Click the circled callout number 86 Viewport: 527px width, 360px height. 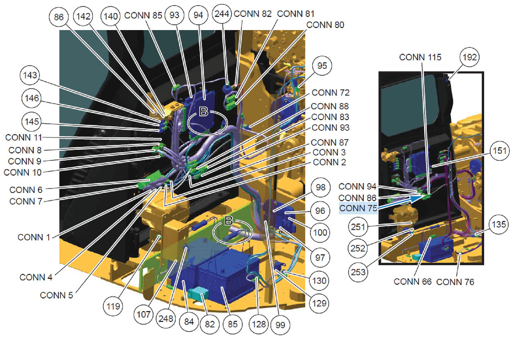[58, 17]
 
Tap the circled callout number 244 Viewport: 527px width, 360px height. [222, 14]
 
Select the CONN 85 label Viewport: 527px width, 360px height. [143, 16]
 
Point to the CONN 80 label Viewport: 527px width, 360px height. [325, 25]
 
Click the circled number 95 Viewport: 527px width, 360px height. [322, 65]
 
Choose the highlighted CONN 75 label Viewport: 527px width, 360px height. [358, 208]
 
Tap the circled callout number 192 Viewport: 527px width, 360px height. [470, 57]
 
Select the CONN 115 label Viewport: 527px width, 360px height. [420, 57]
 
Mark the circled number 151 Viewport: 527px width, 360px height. [500, 151]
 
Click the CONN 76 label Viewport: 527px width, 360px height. [455, 282]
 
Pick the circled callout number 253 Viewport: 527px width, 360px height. [358, 272]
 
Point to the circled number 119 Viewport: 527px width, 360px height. [113, 307]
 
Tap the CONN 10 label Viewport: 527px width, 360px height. [23, 172]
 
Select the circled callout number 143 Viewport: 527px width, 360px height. [30, 75]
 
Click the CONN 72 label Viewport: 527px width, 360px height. [331, 93]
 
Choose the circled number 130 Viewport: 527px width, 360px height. [319, 281]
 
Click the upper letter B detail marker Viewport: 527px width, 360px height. [204, 111]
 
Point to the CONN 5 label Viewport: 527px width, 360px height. [56, 295]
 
